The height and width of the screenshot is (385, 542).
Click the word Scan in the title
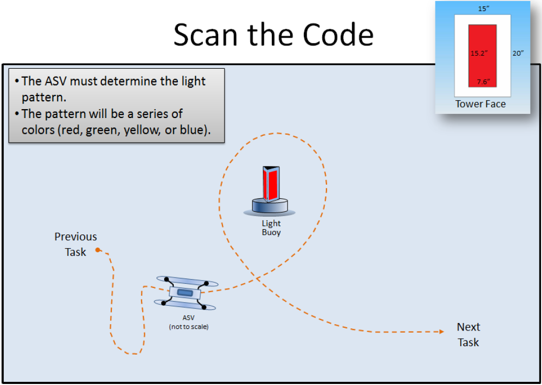click(x=204, y=35)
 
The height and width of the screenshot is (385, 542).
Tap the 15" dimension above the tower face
click(x=483, y=9)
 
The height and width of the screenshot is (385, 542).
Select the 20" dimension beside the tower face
click(x=518, y=53)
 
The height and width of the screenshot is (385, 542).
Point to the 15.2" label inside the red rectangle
click(x=479, y=54)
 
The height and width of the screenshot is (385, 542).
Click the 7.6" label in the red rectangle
click(x=482, y=81)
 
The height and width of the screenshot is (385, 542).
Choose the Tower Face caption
click(x=481, y=104)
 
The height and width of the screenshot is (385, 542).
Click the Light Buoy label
click(x=271, y=228)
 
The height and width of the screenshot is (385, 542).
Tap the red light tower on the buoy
click(x=272, y=183)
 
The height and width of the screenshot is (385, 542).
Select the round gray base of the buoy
click(x=270, y=206)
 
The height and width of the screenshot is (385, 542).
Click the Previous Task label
click(x=76, y=244)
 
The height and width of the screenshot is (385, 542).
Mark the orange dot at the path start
click(x=98, y=250)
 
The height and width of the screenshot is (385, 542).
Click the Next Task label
click(x=468, y=335)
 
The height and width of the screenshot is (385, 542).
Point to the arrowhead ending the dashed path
click(x=442, y=331)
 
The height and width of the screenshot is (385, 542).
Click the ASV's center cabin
click(x=185, y=292)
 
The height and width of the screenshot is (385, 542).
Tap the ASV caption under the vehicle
click(x=188, y=318)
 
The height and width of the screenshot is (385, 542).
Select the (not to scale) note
click(x=188, y=327)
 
